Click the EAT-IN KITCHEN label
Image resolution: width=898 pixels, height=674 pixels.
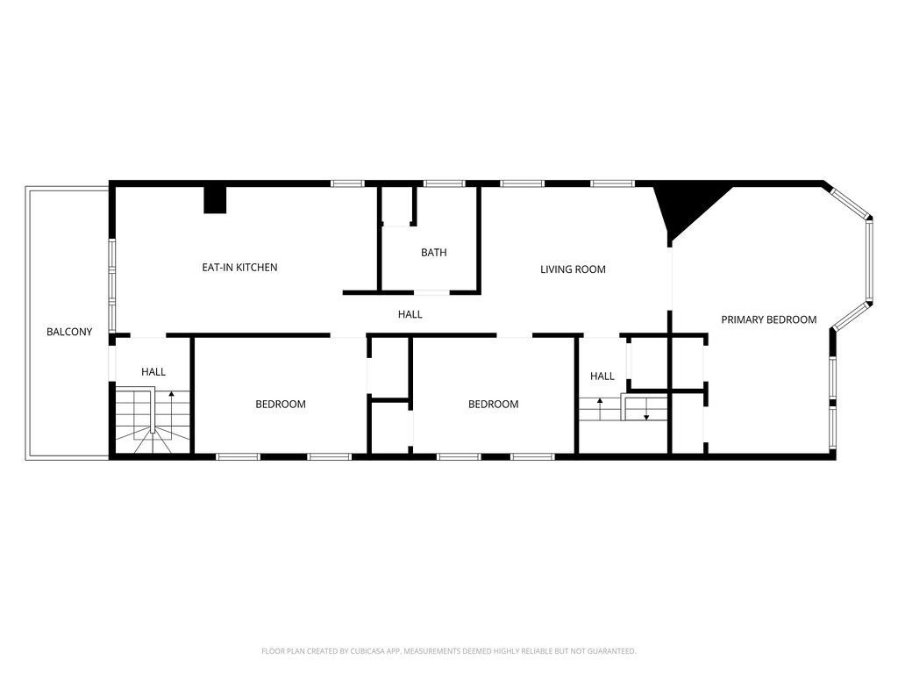click(x=239, y=267)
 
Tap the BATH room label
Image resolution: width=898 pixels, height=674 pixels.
click(x=433, y=253)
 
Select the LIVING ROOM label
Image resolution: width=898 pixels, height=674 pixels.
click(x=573, y=269)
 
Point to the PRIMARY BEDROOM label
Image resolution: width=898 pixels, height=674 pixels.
click(x=768, y=319)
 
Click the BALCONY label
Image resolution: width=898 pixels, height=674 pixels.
click(x=69, y=332)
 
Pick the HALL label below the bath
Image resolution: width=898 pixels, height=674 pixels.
click(x=410, y=314)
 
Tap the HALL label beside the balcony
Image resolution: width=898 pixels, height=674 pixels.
click(x=153, y=372)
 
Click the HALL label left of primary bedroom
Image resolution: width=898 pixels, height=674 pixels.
click(x=602, y=376)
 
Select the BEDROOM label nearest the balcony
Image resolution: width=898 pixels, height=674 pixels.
click(x=281, y=405)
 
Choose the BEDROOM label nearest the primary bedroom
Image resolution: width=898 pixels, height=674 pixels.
click(x=493, y=405)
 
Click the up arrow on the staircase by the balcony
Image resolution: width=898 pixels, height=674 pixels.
click(x=171, y=395)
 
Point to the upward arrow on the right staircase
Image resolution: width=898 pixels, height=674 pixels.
click(x=600, y=403)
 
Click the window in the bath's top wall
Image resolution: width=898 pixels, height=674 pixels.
click(x=444, y=183)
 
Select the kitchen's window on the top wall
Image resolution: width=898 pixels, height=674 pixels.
click(x=347, y=183)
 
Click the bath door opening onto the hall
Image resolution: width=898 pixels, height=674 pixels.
click(x=430, y=291)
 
